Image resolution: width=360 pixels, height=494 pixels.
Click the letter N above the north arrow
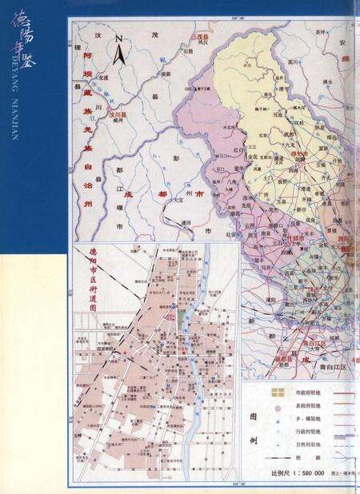(x=118, y=38)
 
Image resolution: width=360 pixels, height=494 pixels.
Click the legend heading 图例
(x=254, y=428)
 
